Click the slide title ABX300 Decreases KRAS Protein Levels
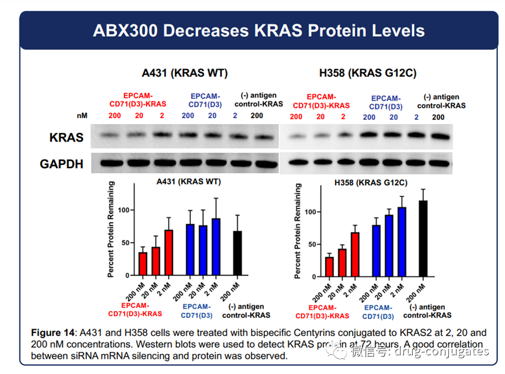258,30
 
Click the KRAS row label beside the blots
66,138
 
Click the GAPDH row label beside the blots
61,164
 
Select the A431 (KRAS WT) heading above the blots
184,73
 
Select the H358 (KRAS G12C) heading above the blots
368,73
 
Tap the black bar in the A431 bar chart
237,253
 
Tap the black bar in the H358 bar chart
423,239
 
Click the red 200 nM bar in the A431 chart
142,263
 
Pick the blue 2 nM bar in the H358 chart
402,242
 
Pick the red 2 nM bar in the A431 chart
168,252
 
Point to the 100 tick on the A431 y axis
126,210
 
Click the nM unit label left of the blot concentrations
82,116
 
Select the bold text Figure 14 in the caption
53,333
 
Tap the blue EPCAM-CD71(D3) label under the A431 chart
196,311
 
